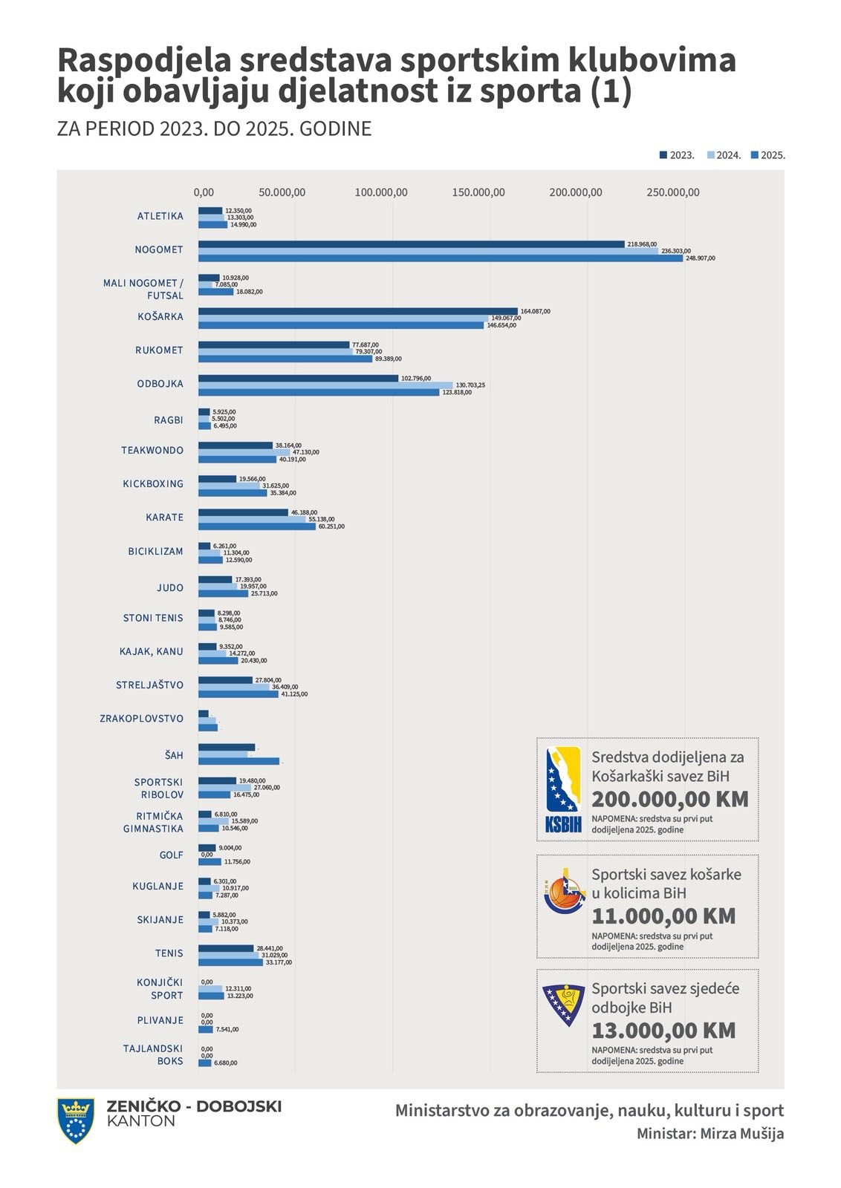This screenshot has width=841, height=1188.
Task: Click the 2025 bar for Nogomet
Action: click(440, 258)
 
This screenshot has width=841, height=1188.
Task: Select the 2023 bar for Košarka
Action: click(357, 311)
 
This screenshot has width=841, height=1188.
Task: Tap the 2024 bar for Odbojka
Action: click(325, 385)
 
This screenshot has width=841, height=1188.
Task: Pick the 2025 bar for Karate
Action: click(256, 526)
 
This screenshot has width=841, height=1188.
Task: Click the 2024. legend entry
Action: click(724, 156)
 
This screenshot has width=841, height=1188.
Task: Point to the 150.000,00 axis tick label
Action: click(478, 193)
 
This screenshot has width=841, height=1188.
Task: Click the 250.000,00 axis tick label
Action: click(672, 193)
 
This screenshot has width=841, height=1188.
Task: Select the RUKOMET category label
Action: click(159, 350)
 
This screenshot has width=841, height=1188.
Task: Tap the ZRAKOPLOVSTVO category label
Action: click(141, 719)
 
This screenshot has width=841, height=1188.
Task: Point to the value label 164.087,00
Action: click(535, 311)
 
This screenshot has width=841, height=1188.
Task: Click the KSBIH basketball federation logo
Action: click(563, 789)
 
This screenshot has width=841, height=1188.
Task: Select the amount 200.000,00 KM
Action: click(669, 800)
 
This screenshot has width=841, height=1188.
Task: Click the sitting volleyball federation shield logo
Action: click(564, 1004)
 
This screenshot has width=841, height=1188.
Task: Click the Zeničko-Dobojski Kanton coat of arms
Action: click(75, 1120)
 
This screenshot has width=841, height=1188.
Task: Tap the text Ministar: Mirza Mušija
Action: click(710, 1134)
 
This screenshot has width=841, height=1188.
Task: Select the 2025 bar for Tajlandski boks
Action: click(204, 1063)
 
